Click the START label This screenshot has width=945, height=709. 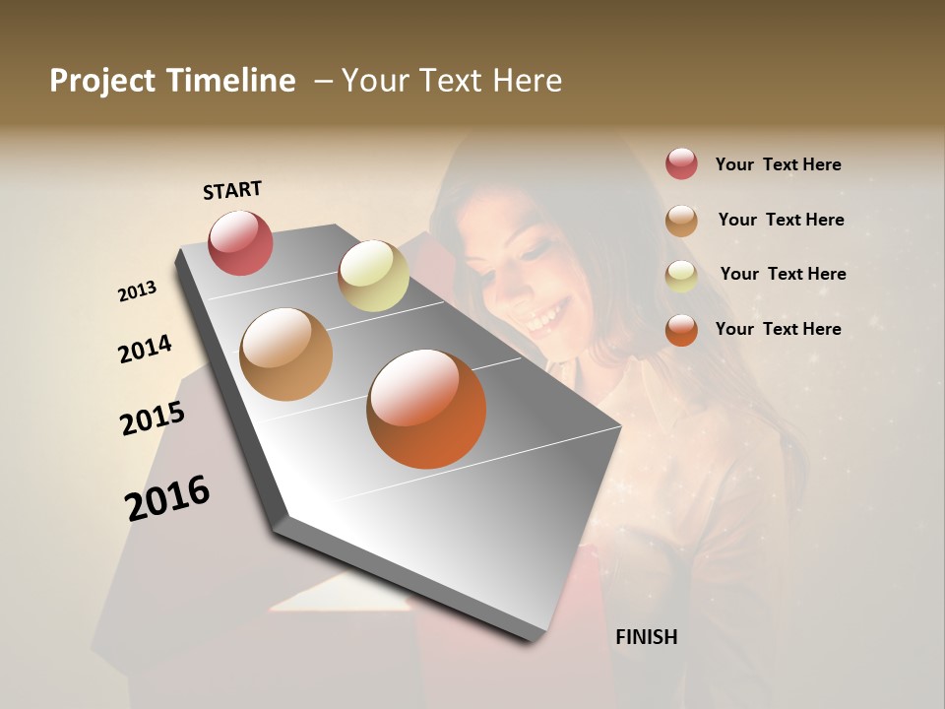click(x=232, y=190)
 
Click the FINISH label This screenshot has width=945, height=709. click(x=646, y=637)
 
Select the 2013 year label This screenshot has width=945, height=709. click(x=138, y=291)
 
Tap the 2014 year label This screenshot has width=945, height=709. click(x=145, y=350)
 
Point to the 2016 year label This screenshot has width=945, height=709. click(x=167, y=497)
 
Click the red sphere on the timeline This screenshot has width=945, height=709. click(x=240, y=242)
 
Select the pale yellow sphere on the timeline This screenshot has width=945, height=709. click(x=373, y=276)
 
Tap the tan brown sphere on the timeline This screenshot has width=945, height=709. click(x=285, y=354)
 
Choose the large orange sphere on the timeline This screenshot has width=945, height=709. click(x=426, y=409)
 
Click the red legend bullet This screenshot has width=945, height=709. click(x=681, y=163)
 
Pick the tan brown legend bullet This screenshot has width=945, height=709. click(x=681, y=221)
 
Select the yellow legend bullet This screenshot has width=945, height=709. click(x=681, y=276)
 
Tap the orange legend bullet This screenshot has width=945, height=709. click(x=681, y=330)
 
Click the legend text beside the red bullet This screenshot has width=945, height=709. click(x=778, y=164)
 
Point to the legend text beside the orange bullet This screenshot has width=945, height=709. click(x=778, y=329)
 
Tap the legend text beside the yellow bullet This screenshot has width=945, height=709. click(x=783, y=274)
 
